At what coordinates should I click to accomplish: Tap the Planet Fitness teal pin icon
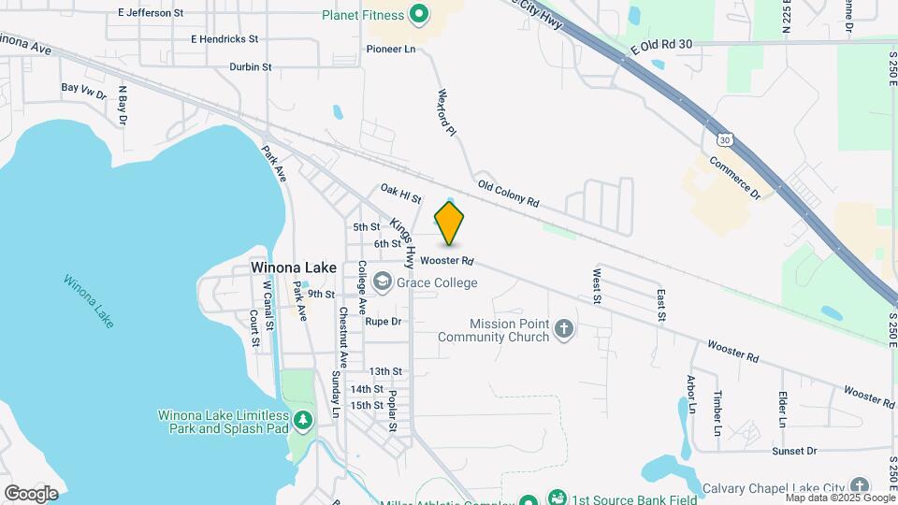(419, 14)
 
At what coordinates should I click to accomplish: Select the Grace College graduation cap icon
(382, 281)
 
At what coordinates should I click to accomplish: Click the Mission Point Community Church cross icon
(563, 328)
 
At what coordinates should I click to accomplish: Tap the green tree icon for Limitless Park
(302, 421)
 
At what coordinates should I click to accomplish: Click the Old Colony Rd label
(508, 194)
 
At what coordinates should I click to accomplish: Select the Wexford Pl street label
(446, 113)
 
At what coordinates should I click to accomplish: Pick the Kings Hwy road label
(403, 238)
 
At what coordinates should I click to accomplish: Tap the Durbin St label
(250, 67)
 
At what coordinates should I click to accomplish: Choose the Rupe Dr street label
(383, 321)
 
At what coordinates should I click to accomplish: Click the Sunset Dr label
(794, 451)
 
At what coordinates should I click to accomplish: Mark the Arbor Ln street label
(691, 394)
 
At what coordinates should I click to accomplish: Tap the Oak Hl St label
(400, 194)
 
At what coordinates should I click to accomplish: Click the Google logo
(31, 493)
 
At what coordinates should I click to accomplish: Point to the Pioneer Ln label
(391, 49)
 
